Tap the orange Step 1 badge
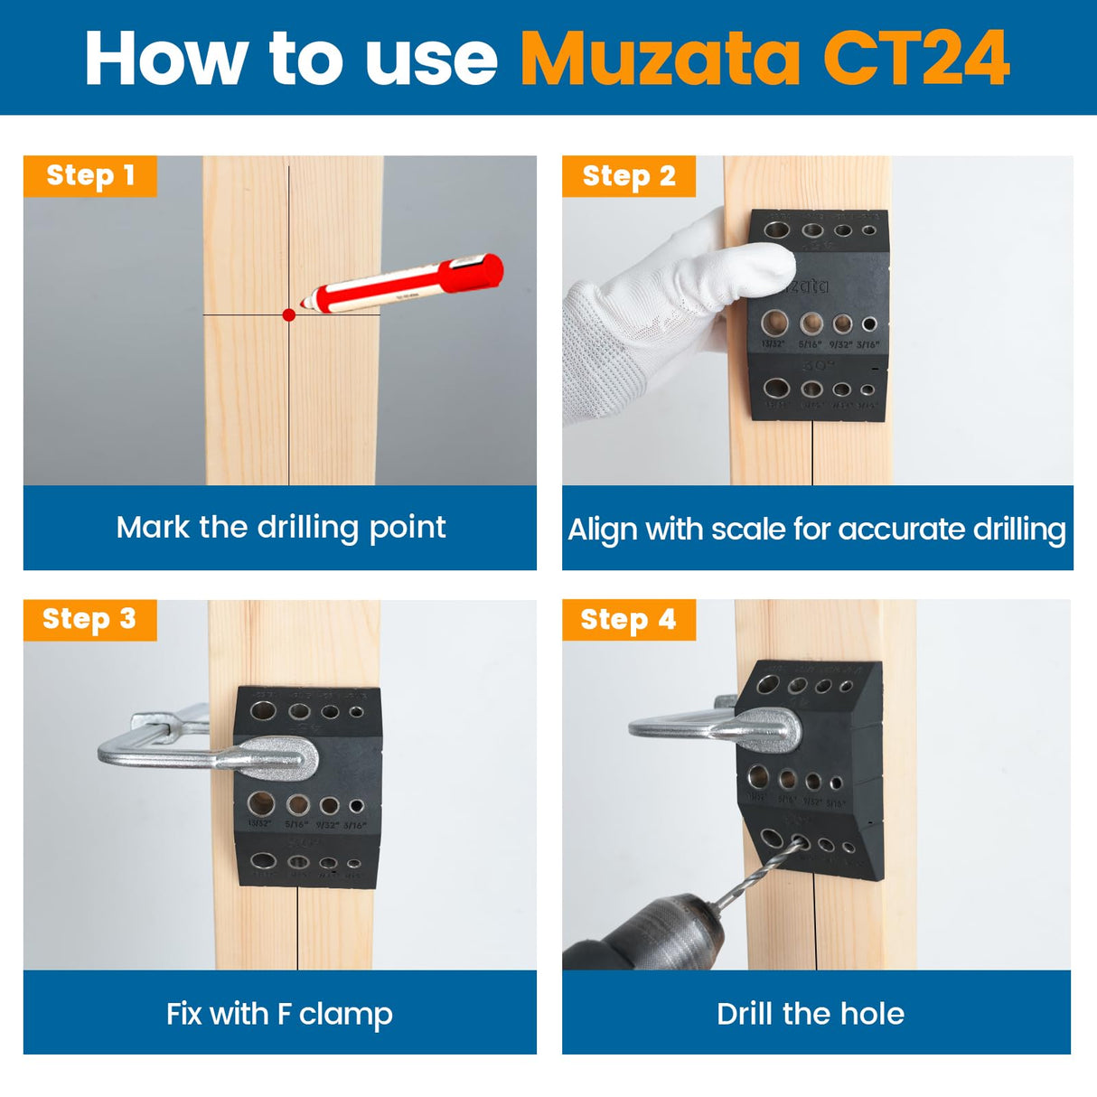click(89, 175)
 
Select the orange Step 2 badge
click(629, 176)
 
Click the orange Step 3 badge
click(89, 619)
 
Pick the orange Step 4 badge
click(629, 620)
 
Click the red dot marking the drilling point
click(289, 315)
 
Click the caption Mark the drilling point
click(280, 527)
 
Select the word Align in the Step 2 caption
click(603, 529)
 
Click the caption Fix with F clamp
click(279, 1013)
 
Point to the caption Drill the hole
click(810, 1013)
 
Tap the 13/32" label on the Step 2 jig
click(774, 344)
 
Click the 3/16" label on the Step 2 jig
click(868, 344)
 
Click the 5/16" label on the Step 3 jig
click(296, 824)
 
